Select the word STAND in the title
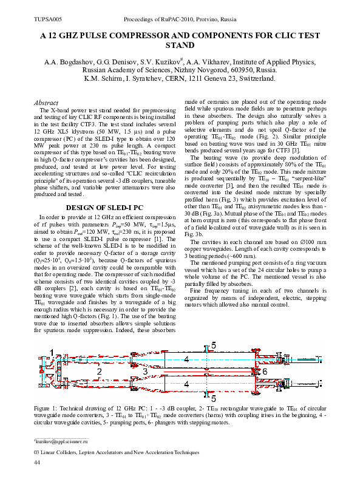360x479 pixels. [x=180, y=46]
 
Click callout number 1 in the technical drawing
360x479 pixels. [x=53, y=352]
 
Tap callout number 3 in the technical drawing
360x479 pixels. [x=145, y=370]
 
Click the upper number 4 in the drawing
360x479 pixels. [x=186, y=359]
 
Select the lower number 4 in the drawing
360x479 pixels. [x=186, y=384]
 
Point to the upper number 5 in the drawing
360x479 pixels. [x=213, y=345]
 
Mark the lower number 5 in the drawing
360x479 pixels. [x=213, y=398]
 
